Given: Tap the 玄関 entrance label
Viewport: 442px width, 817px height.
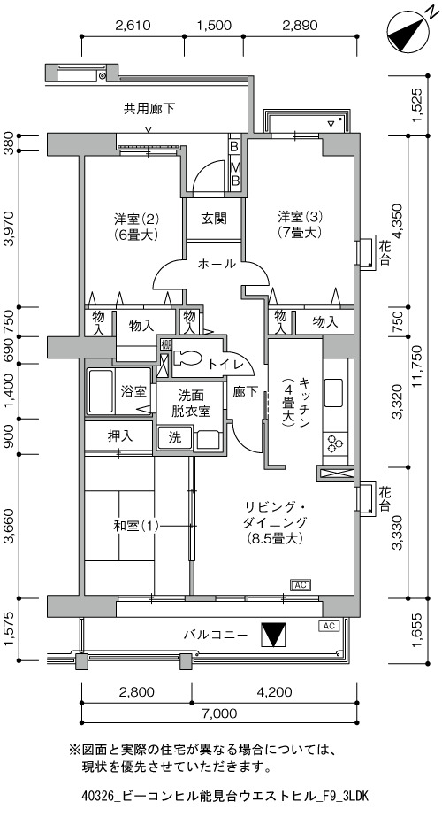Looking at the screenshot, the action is [214, 218].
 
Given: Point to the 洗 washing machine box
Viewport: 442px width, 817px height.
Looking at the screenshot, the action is [175, 437].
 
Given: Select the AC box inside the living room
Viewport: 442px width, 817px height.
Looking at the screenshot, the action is [300, 584].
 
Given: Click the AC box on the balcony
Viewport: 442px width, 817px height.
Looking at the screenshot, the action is [329, 626].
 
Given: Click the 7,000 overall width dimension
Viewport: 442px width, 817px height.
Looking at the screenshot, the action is [219, 713].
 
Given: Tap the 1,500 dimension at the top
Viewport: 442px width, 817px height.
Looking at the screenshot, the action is [214, 26].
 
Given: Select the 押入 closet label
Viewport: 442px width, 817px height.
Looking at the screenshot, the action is [119, 436].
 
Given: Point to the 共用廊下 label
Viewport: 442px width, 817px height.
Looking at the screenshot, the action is [149, 109].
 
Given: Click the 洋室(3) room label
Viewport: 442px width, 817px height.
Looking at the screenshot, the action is [300, 216].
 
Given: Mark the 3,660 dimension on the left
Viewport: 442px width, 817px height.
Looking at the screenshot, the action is [10, 527].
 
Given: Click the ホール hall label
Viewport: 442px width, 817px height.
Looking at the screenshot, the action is [217, 265].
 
